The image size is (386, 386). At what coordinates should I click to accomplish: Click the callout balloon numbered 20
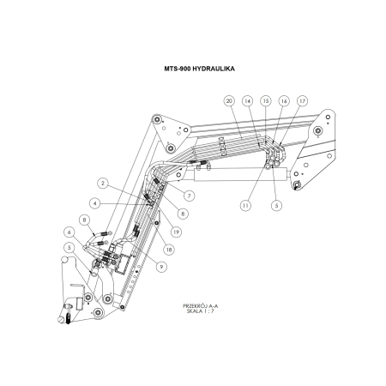pos(229,100)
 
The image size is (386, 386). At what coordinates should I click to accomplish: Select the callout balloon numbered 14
pos(249,100)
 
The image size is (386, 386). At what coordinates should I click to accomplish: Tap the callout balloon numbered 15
pos(266,100)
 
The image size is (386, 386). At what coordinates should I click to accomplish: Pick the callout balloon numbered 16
pos(284,100)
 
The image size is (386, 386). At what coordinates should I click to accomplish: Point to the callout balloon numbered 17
pos(302,100)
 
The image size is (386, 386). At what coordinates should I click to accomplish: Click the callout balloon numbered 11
pos(244,206)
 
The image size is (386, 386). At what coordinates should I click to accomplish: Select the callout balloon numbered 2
pos(102,183)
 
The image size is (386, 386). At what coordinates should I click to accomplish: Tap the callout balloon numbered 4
pos(96,203)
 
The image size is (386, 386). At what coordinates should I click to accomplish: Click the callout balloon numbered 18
pos(167,249)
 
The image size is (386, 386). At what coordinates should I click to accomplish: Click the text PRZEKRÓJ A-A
pos(202,306)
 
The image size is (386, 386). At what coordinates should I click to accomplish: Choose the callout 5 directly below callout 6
pos(67,250)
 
